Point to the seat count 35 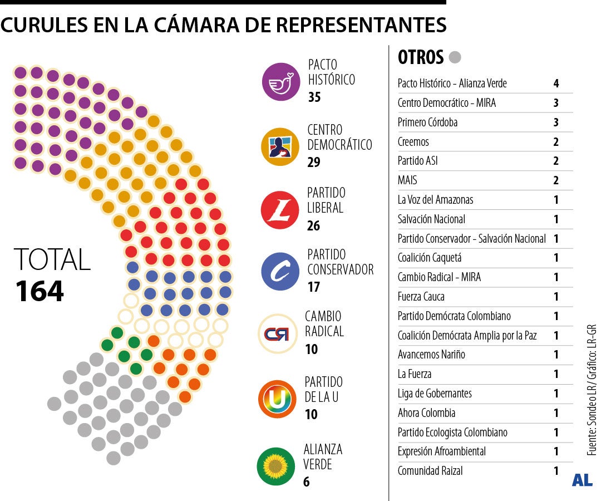314,97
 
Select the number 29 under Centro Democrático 314,163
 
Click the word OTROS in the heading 421,57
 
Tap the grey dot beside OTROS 455,57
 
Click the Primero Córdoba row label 427,122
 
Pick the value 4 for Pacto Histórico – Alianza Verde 556,84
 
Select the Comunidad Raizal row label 430,471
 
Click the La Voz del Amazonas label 435,200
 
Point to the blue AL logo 582,480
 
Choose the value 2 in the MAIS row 556,180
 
